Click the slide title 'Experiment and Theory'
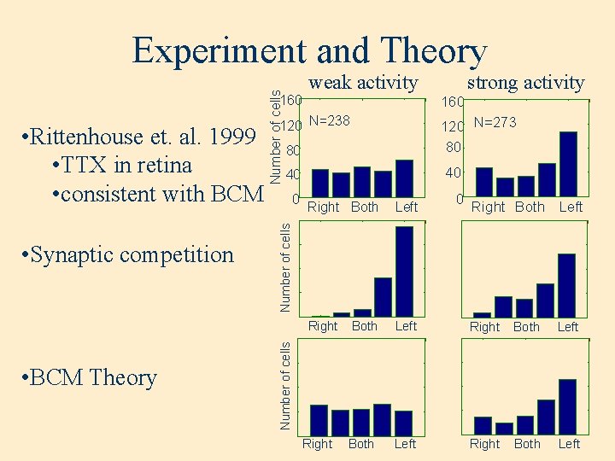308,51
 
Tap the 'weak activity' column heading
363,82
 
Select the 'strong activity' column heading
525,82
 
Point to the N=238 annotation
330,121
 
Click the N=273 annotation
495,122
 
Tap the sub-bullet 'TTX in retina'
121,165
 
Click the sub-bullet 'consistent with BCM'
157,194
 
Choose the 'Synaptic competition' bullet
128,254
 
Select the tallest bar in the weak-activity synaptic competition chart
404,271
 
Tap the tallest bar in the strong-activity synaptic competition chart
567,284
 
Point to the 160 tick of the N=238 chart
292,101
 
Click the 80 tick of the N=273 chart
453,147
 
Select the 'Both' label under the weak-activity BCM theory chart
361,444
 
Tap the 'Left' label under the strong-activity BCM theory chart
569,444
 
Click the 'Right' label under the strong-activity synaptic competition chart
485,327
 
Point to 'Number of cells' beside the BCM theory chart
287,384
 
